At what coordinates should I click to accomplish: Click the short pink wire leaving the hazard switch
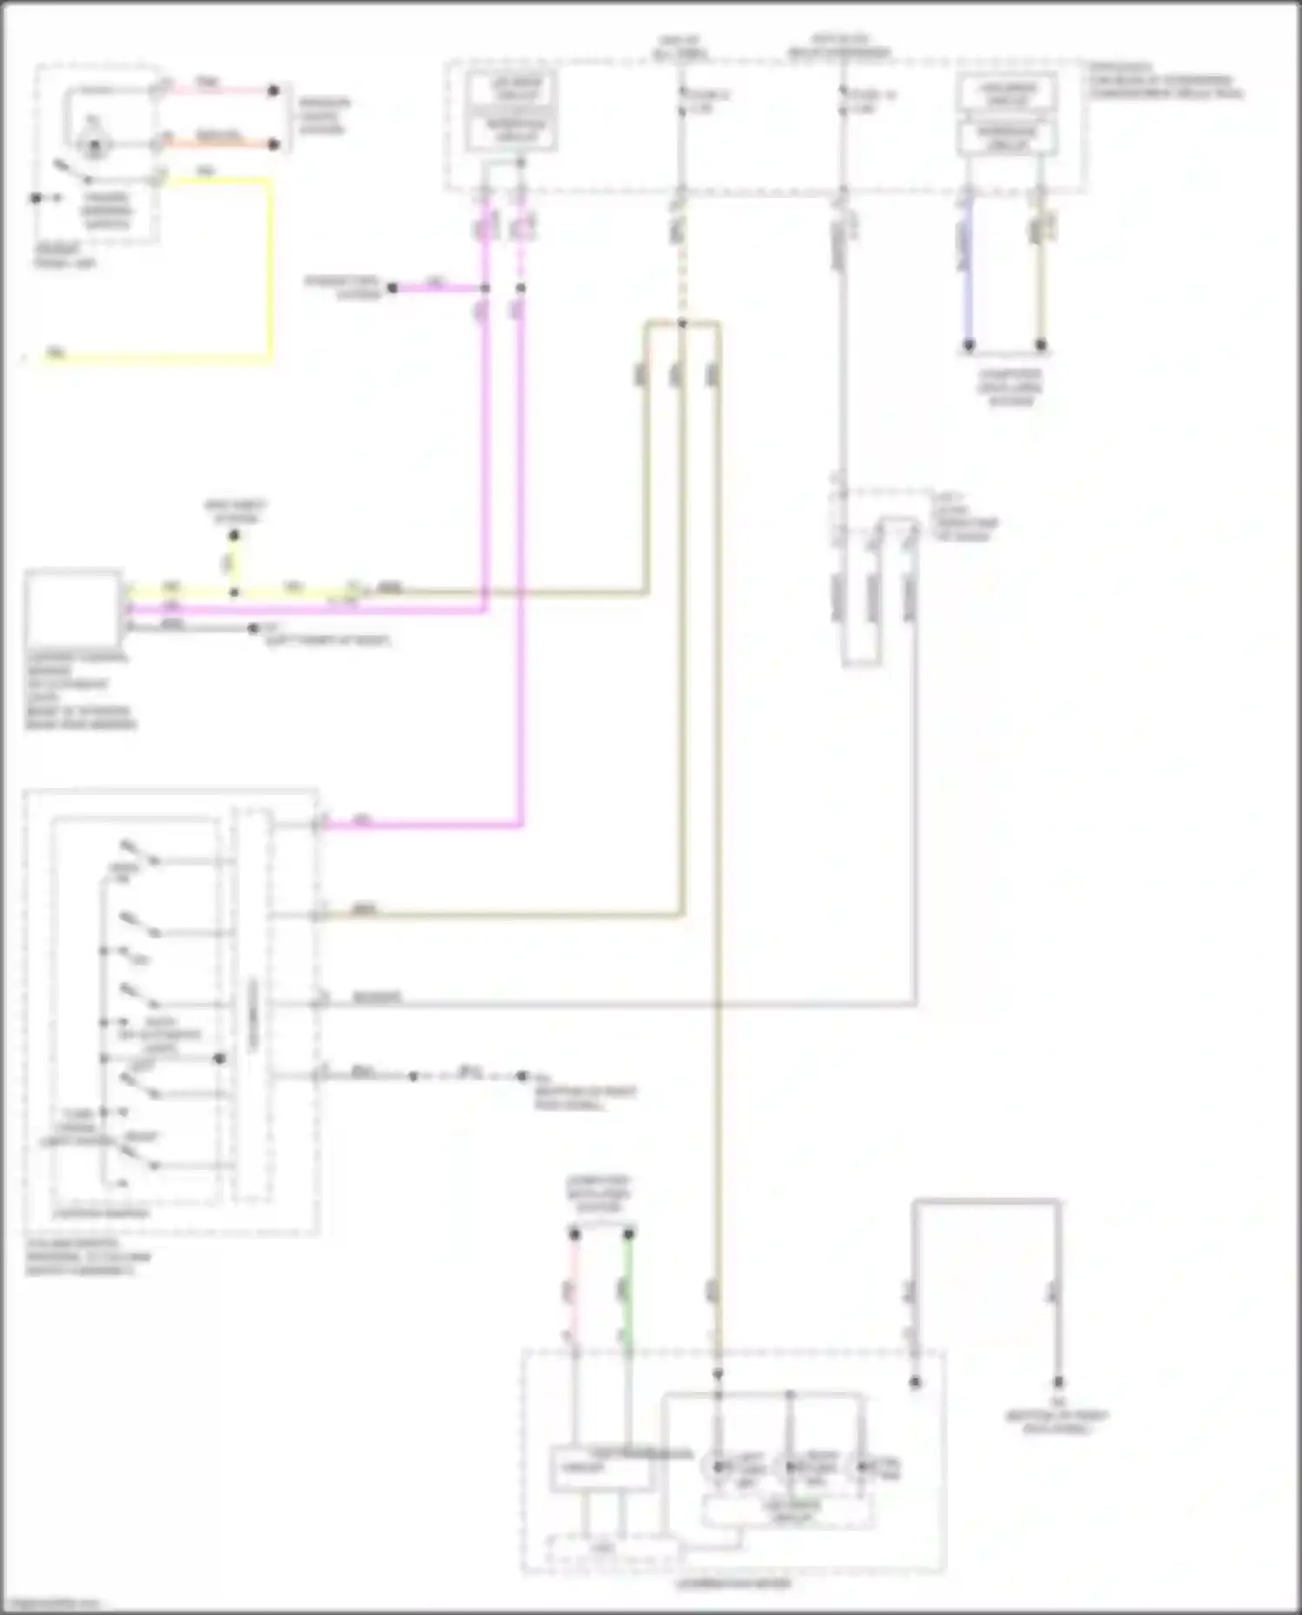[x=217, y=90]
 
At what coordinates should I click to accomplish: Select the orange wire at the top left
[x=217, y=144]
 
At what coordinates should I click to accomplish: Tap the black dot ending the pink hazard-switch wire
[x=273, y=90]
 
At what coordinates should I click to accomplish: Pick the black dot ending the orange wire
[x=273, y=144]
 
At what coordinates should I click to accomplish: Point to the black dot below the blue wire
[x=969, y=345]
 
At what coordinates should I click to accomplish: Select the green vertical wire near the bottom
[x=628, y=1293]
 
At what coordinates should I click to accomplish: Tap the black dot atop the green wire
[x=629, y=1233]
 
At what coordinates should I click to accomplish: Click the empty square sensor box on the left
[x=73, y=607]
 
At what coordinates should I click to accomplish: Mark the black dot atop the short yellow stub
[x=233, y=536]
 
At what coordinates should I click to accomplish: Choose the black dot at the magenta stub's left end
[x=392, y=287]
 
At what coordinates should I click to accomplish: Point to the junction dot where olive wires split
[x=682, y=324]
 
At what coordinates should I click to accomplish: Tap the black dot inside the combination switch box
[x=220, y=1059]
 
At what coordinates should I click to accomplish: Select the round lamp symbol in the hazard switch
[x=94, y=144]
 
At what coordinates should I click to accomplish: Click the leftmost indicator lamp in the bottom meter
[x=718, y=1467]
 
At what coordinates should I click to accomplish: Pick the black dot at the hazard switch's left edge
[x=36, y=199]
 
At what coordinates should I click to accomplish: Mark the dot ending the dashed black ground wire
[x=522, y=1076]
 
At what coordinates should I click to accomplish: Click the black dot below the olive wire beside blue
[x=1041, y=345]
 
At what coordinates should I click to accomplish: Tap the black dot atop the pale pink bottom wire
[x=574, y=1233]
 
